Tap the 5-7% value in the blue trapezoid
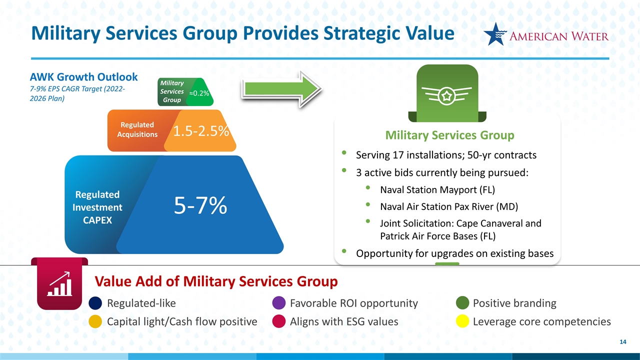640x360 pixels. click(200, 205)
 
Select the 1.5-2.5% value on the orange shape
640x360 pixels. click(201, 131)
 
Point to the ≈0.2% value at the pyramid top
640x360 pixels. click(200, 93)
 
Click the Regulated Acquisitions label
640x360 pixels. click(137, 129)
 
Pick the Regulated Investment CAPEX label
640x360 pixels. click(98, 207)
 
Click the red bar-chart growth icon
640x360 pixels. click(59, 284)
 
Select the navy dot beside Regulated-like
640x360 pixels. click(96, 303)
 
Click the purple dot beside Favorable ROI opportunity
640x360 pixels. click(279, 303)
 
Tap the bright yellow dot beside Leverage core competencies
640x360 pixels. click(463, 321)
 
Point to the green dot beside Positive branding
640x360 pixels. click(463, 303)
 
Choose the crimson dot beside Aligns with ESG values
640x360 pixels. click(279, 321)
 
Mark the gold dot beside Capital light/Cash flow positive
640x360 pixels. click(96, 321)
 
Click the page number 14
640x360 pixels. click(622, 342)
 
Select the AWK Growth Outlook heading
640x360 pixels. click(83, 77)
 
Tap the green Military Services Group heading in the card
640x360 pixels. click(449, 135)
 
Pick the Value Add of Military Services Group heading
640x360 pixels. click(216, 281)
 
